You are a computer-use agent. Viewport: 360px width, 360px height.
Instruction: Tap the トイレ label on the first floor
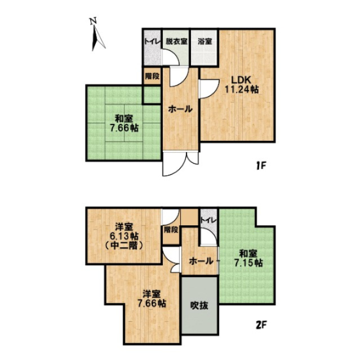click(x=150, y=41)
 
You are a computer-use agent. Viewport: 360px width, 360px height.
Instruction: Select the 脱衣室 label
click(x=175, y=41)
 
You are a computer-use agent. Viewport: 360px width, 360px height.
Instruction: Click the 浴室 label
click(x=205, y=41)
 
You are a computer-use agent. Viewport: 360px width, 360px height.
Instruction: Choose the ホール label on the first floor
click(x=180, y=109)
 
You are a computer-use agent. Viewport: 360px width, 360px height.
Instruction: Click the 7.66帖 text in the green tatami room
click(x=124, y=128)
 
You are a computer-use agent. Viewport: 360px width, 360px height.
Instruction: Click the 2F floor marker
click(x=259, y=325)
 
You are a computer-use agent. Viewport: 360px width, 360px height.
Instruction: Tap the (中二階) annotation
click(x=123, y=246)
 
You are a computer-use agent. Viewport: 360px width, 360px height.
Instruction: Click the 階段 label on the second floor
click(x=171, y=229)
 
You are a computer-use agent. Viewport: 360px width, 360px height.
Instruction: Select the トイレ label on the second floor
click(x=208, y=220)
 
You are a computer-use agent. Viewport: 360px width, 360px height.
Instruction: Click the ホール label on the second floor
click(x=201, y=261)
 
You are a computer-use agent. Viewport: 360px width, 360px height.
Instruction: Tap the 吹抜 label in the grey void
click(x=199, y=306)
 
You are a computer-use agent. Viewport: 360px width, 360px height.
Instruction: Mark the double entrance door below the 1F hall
click(x=181, y=163)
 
